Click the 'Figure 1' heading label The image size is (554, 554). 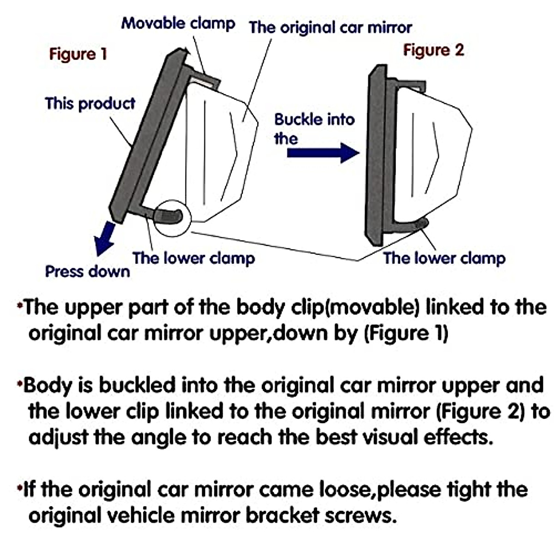click(x=78, y=54)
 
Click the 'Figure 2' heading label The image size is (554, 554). click(x=433, y=50)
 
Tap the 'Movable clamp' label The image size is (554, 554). click(x=178, y=23)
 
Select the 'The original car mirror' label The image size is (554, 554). click(x=331, y=28)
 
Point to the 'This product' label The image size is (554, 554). click(x=90, y=103)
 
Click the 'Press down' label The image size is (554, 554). click(x=87, y=271)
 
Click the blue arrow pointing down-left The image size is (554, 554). click(x=104, y=237)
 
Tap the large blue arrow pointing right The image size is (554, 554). click(x=323, y=153)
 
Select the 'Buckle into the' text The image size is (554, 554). click(x=314, y=129)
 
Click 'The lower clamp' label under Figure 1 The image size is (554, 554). click(x=193, y=259)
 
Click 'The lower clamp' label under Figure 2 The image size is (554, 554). click(x=444, y=259)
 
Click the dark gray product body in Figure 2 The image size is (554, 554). click(x=377, y=157)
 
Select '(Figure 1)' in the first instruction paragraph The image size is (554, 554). click(x=406, y=333)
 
